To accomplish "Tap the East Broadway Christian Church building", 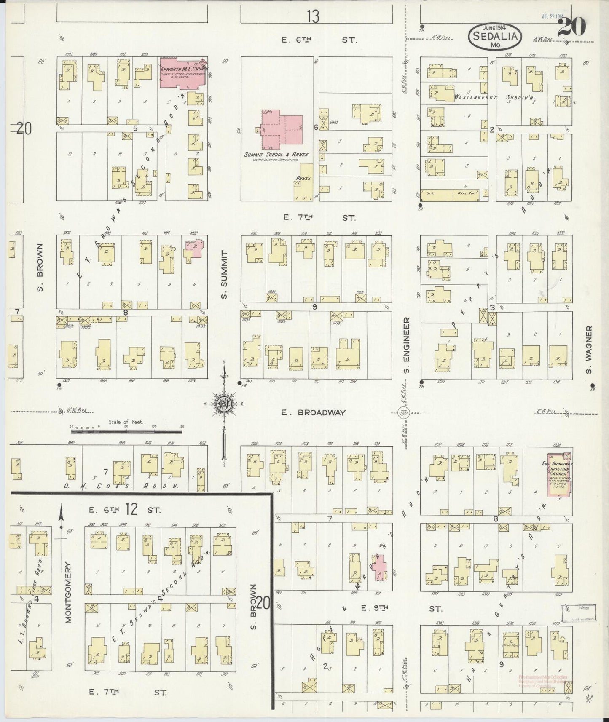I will coord(558,475).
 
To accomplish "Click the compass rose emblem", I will coord(224,404).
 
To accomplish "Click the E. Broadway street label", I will coord(314,413).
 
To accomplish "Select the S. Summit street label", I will coord(224,275).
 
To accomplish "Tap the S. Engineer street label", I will coord(407,348).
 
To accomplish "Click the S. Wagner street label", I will coord(589,350).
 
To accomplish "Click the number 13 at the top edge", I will coord(313,16).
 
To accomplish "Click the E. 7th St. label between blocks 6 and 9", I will coord(319,218).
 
